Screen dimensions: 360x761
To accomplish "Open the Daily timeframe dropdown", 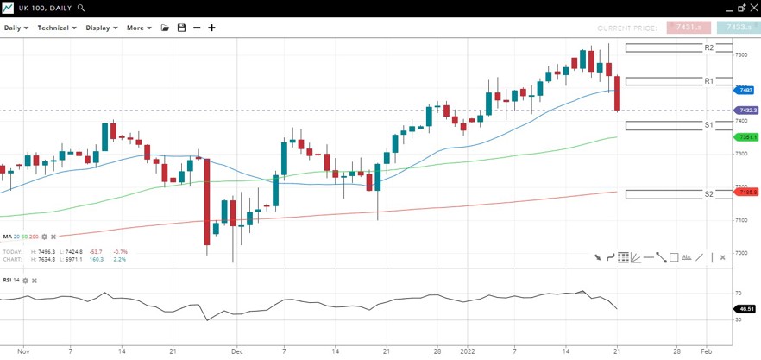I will [16, 28].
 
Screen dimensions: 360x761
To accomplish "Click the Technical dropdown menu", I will [56, 28].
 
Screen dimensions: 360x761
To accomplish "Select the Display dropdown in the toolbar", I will [101, 28].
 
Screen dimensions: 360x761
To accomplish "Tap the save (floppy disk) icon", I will [181, 28].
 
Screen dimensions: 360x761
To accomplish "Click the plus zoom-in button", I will [211, 28].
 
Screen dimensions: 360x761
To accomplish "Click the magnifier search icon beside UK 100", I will [81, 8].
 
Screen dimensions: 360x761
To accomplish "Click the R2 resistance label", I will [708, 48].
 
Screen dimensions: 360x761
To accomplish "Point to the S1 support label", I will [708, 125].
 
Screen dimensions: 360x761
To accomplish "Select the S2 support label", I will [708, 194].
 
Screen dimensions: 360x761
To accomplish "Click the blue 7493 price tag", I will [745, 90].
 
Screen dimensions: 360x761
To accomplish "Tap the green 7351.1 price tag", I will [745, 137].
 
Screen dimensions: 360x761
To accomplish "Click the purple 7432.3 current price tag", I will [745, 111].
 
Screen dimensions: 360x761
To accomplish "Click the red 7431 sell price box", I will [688, 28].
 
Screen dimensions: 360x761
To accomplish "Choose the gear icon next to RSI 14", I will [25, 281].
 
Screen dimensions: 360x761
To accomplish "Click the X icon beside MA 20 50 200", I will [53, 237].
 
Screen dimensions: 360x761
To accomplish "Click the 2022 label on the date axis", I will [467, 352].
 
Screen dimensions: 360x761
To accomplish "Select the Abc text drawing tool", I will [687, 257].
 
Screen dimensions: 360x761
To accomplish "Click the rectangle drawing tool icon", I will [674, 257].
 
